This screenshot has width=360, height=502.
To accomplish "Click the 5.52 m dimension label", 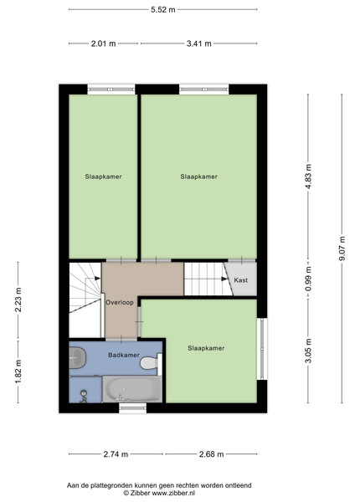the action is (163, 9).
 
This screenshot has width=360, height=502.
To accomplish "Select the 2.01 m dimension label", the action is (104, 44).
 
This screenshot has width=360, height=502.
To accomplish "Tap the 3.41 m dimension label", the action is (199, 44).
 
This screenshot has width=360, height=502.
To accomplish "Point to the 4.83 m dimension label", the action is (308, 177).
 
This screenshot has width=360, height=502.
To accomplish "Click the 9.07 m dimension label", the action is (342, 248).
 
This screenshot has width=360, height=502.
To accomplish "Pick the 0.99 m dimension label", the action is (308, 279).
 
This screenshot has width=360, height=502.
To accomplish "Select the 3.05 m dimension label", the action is (308, 351).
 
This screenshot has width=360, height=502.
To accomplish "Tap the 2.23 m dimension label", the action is (18, 300).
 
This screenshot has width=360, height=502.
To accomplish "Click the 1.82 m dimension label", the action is (18, 371).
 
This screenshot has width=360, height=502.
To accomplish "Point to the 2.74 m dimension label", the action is (116, 454).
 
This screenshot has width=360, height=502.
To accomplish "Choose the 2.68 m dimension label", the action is (211, 454).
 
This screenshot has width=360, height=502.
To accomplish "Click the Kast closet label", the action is (241, 280).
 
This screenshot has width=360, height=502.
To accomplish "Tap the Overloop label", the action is (120, 302).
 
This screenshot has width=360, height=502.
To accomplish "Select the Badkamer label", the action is (124, 355).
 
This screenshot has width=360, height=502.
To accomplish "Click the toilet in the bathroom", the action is (151, 363).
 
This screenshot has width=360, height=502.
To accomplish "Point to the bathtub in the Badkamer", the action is (132, 389).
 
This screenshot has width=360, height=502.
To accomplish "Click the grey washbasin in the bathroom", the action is (78, 357).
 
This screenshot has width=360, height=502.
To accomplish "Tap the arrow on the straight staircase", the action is (224, 279).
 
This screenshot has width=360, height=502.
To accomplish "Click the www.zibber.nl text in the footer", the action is (173, 494).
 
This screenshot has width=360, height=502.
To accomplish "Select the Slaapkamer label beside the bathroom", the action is (206, 348).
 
